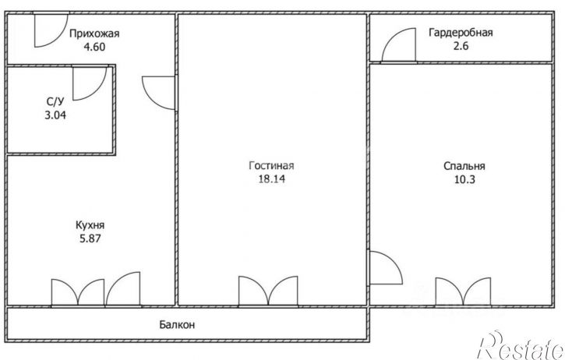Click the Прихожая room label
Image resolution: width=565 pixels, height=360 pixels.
[x=94, y=34]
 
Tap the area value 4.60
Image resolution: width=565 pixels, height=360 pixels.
[x=94, y=47]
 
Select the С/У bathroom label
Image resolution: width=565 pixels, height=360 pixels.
[x=55, y=102]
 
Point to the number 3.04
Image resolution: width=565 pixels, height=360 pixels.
[x=55, y=115]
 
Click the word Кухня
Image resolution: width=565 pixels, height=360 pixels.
[x=90, y=225]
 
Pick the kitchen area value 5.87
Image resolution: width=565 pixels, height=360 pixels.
[x=90, y=238]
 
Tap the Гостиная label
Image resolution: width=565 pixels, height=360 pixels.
[x=271, y=165]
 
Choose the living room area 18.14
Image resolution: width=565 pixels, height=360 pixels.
[x=271, y=178]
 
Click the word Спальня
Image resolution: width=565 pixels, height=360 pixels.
[x=464, y=166]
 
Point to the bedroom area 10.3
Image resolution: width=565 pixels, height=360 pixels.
[x=464, y=179]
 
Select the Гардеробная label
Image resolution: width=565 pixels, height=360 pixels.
[x=461, y=33]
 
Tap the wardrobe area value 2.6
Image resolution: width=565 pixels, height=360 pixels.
[x=461, y=46]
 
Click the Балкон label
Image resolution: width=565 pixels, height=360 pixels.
[x=177, y=325]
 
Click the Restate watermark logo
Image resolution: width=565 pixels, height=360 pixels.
[x=521, y=345]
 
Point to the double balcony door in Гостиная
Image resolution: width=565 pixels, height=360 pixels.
[x=268, y=291]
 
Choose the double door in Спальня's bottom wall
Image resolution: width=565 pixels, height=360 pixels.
[x=463, y=292]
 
